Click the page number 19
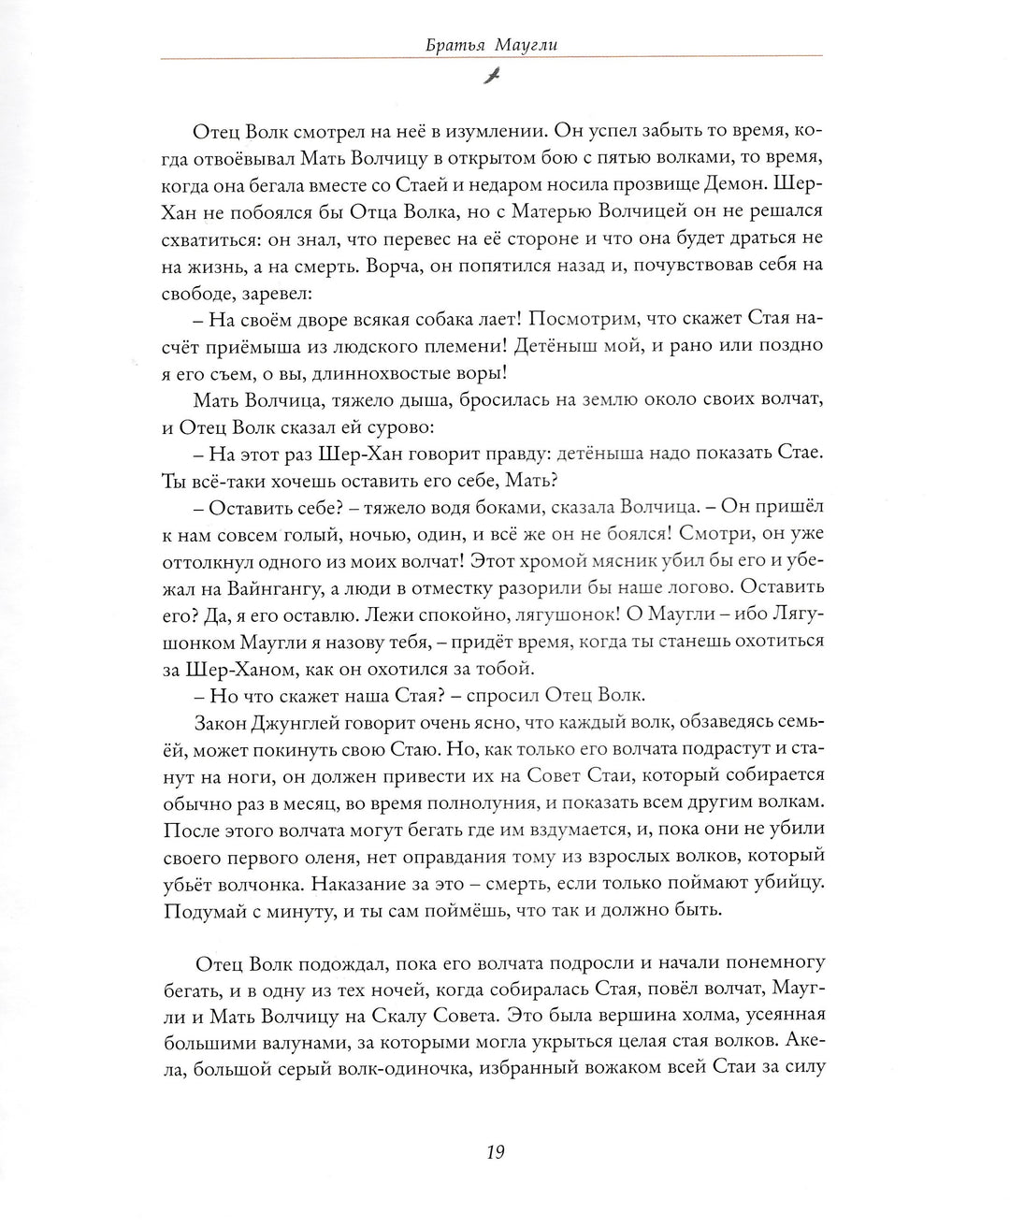(x=495, y=1153)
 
